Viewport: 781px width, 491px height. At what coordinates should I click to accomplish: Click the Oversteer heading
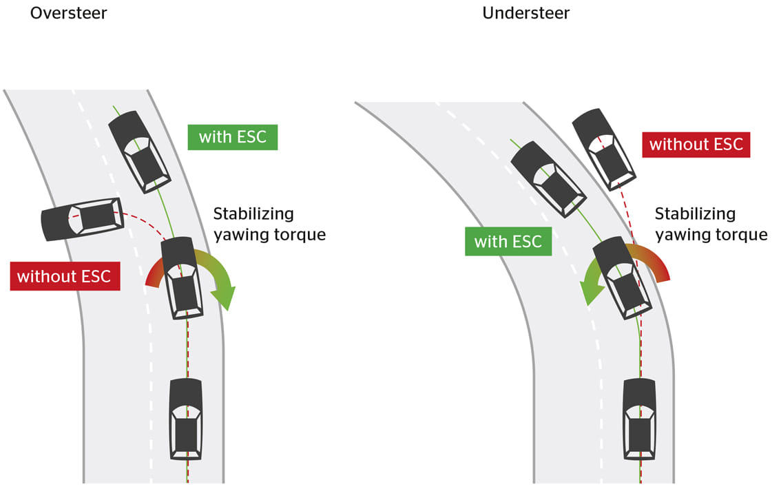(x=69, y=13)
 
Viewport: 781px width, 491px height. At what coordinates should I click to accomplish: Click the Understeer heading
(x=526, y=13)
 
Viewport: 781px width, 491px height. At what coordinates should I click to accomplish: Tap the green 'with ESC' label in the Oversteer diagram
(x=232, y=136)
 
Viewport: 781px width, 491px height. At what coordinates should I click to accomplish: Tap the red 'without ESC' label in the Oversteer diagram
(x=65, y=277)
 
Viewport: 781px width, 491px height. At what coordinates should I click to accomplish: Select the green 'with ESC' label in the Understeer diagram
(x=508, y=242)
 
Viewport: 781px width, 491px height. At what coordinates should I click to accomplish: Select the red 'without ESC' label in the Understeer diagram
(x=696, y=145)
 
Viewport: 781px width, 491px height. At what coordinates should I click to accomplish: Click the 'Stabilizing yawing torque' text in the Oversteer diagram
(x=269, y=224)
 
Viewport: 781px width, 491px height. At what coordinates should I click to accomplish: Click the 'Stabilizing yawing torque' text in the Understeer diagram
(x=710, y=224)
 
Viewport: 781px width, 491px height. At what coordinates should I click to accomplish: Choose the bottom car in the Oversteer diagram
(x=186, y=418)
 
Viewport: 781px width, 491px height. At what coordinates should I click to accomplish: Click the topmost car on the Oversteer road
(x=140, y=152)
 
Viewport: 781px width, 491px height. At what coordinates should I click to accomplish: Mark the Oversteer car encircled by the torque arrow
(x=183, y=277)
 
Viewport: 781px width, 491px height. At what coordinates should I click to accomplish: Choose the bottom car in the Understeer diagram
(x=639, y=418)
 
